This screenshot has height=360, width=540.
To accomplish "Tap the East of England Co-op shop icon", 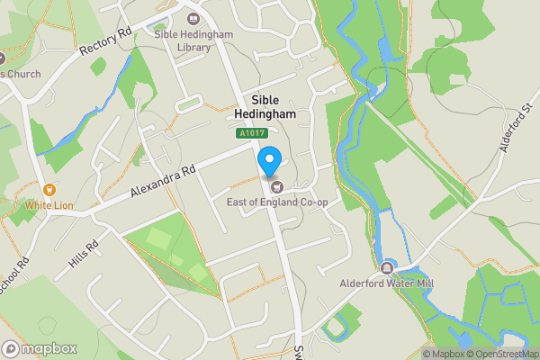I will (x=276, y=187).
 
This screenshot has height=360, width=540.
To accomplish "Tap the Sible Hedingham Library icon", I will (x=192, y=15).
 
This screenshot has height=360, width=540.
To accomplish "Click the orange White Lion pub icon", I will (x=49, y=190).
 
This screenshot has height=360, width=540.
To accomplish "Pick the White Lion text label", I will (x=49, y=205).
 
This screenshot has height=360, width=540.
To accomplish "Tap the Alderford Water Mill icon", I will (x=388, y=267).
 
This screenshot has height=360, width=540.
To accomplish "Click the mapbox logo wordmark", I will (x=40, y=348).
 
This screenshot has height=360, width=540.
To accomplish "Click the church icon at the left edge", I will (x=3, y=58).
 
